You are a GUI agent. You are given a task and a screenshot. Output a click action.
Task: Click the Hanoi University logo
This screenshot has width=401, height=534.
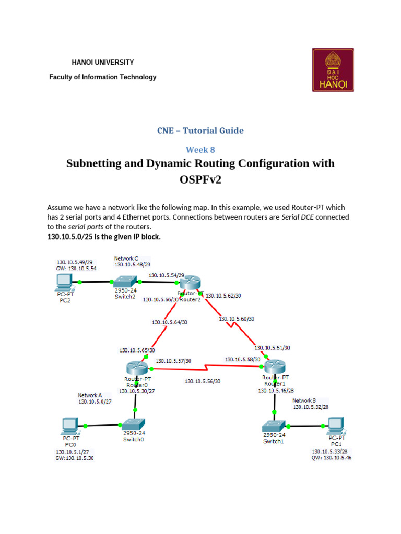coord(333,70)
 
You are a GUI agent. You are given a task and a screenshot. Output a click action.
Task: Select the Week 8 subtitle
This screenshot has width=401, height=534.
coord(200,150)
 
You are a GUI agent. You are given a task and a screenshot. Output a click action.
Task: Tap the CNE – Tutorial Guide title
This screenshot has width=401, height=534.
coord(200,130)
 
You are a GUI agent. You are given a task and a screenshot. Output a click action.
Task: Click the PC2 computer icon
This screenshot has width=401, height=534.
coord(66,282)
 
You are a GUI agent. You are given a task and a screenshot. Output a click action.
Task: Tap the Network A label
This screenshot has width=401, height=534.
coord(90,395)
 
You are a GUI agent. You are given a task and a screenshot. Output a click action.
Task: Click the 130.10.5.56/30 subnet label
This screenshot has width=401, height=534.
coord(203,381)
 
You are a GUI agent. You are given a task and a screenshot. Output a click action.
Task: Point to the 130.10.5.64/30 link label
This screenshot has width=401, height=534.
coord(170,322)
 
